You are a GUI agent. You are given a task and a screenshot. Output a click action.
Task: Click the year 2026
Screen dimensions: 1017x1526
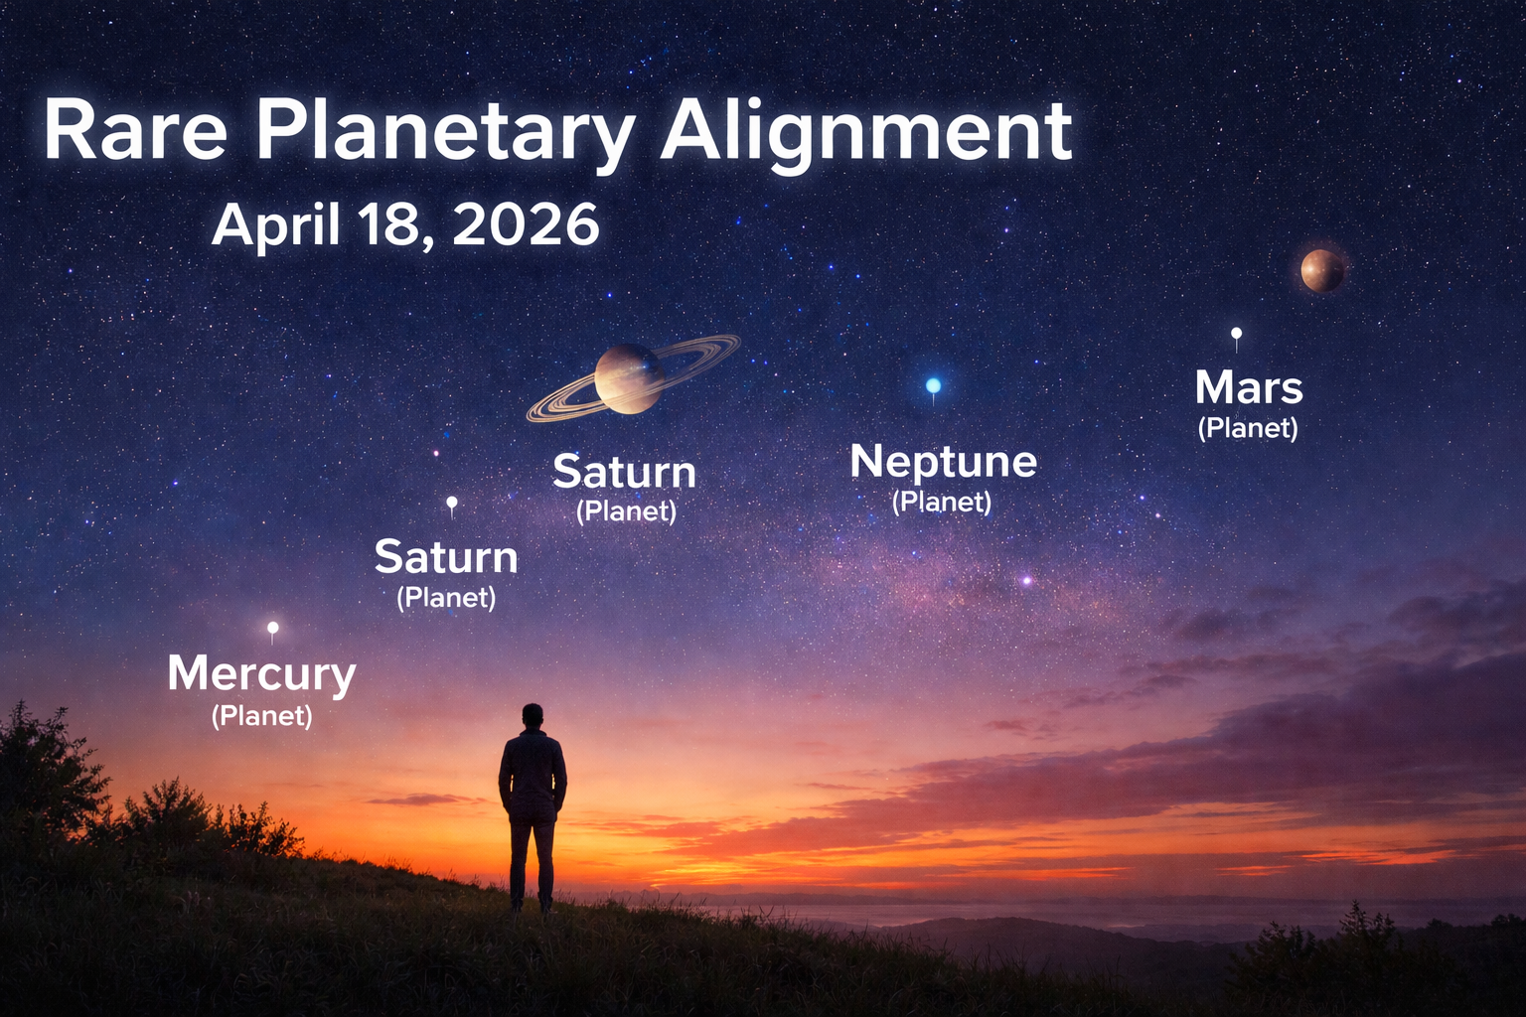pos(526,224)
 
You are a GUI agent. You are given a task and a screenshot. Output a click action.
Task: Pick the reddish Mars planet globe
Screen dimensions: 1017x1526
pos(1322,270)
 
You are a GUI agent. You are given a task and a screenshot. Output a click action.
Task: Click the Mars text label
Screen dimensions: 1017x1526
pos(1249,387)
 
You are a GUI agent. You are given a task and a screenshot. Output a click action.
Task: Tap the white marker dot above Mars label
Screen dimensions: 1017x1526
pos(1236,334)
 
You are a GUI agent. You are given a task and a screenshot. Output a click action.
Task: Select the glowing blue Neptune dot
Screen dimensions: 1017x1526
pos(933,385)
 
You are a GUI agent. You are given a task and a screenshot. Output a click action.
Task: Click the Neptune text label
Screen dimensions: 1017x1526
pos(944,461)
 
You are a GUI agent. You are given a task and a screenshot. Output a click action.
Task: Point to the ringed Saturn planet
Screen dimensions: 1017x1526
pos(629,378)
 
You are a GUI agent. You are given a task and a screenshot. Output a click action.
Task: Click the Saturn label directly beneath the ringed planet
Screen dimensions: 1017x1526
pos(624,472)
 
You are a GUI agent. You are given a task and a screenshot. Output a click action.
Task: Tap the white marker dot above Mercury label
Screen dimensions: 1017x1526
pos(273,628)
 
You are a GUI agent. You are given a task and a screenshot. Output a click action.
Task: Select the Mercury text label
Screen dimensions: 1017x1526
pos(261,673)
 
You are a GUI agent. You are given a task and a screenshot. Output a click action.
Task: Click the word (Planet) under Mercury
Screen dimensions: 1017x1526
pos(262,716)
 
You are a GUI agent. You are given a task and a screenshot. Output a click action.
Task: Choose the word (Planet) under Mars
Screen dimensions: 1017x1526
pos(1248,428)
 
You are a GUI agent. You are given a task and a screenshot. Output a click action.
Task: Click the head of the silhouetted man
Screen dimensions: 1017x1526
pos(534,716)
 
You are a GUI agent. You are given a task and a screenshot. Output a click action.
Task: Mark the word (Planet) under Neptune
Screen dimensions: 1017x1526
pos(942,502)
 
